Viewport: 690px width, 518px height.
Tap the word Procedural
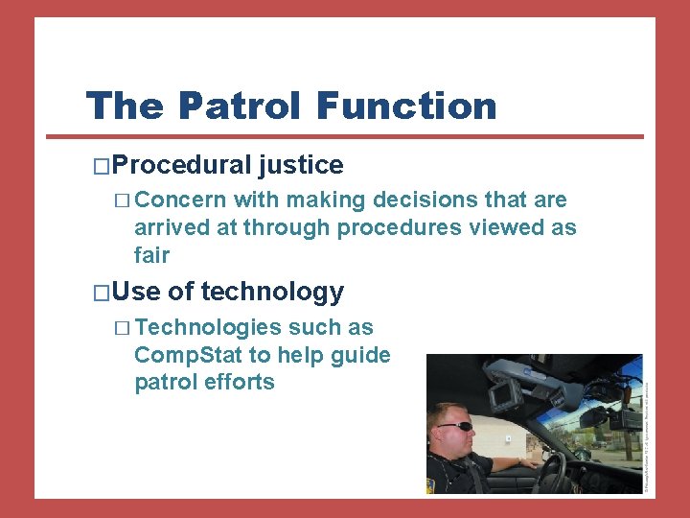point(182,165)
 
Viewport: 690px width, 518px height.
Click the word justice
point(300,165)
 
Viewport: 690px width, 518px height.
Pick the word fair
point(151,255)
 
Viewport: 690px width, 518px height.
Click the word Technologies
point(208,328)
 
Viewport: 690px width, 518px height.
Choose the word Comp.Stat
point(189,355)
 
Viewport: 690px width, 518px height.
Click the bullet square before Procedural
point(103,166)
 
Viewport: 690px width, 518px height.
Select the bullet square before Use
point(103,293)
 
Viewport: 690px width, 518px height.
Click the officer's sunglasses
point(454,426)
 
